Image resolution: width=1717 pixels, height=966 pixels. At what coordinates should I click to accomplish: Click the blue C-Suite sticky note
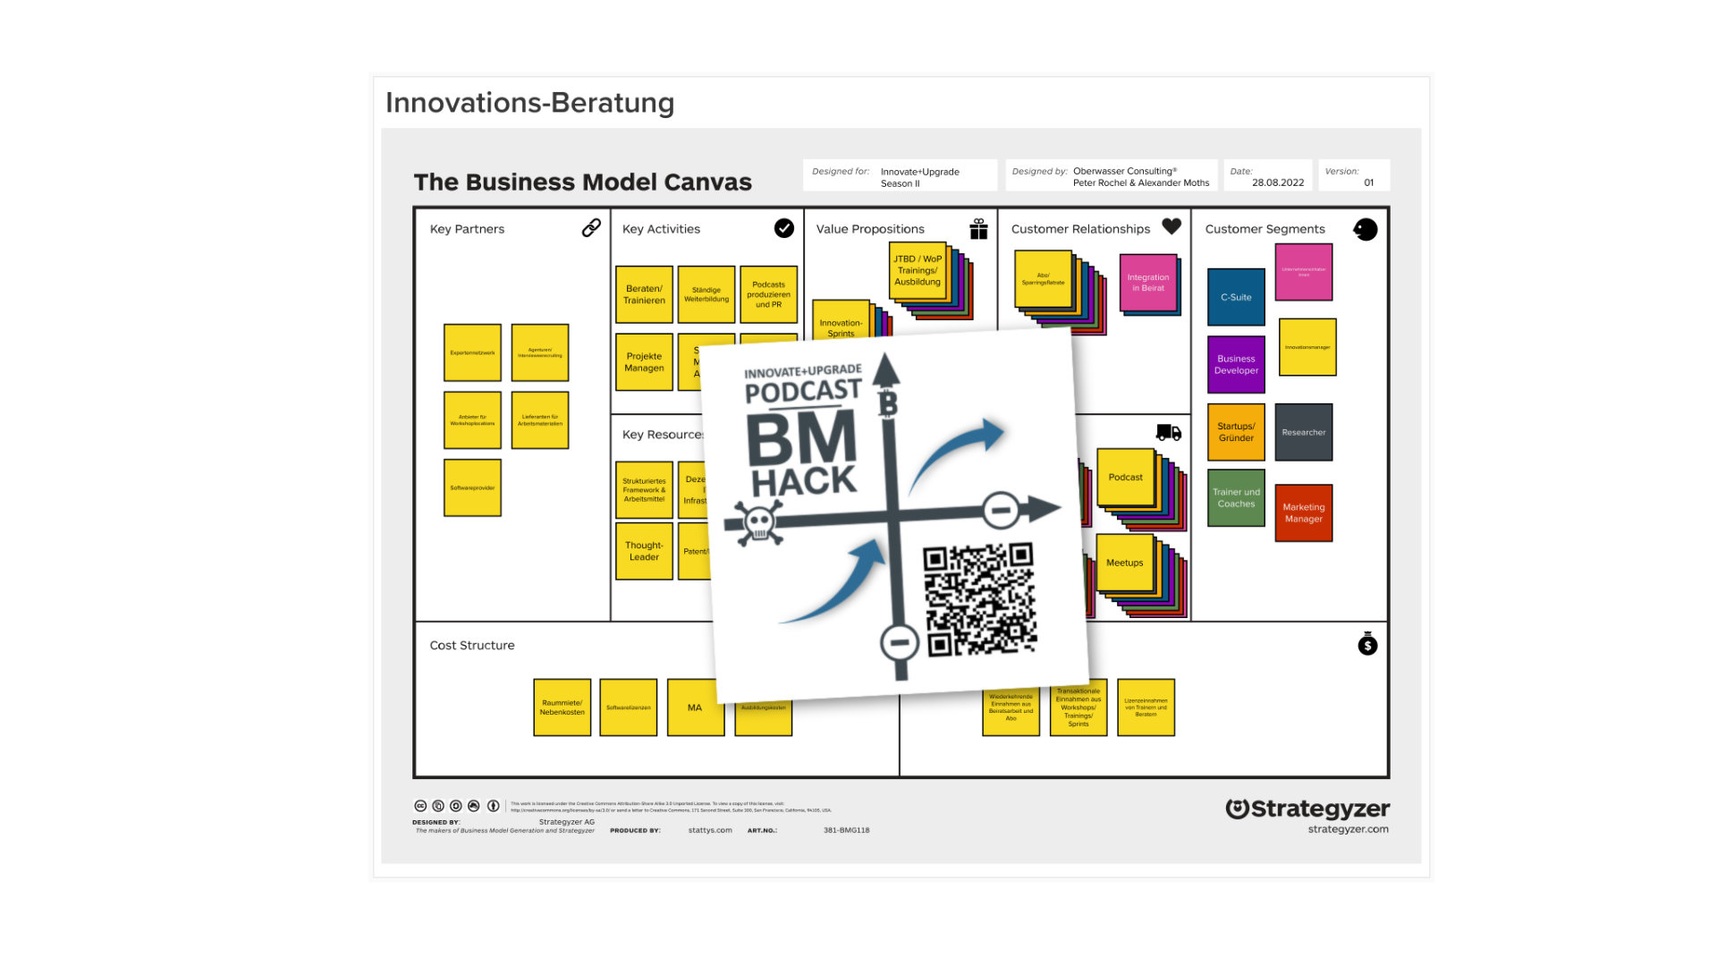click(x=1236, y=297)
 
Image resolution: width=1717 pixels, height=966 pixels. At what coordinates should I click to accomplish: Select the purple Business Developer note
click(x=1236, y=364)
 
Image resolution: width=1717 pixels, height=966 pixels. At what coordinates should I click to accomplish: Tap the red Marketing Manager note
click(x=1303, y=513)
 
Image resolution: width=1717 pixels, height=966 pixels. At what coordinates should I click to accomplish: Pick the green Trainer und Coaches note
click(x=1236, y=497)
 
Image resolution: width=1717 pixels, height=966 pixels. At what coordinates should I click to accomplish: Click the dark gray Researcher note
click(x=1303, y=432)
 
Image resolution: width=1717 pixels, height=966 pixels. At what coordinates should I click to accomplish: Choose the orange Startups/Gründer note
click(x=1236, y=432)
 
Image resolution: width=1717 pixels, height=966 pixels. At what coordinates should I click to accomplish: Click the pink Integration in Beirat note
click(x=1147, y=283)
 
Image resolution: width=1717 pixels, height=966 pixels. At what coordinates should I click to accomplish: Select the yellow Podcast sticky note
click(x=1125, y=478)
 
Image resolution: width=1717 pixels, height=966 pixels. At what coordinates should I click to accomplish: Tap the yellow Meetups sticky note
click(x=1124, y=563)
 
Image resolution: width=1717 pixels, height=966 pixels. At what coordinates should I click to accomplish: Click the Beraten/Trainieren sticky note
click(x=644, y=294)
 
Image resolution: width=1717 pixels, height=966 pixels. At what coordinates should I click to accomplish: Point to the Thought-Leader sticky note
click(x=644, y=551)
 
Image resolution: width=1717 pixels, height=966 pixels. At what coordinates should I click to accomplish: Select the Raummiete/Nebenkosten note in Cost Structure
click(x=562, y=708)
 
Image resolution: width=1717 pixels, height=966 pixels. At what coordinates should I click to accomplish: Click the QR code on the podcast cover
click(x=979, y=599)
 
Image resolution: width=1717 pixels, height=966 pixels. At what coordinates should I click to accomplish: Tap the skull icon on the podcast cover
click(x=758, y=522)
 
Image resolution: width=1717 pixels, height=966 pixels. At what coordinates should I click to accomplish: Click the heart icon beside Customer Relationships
click(x=1171, y=227)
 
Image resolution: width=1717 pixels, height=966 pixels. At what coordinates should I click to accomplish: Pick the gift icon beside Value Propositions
click(x=978, y=229)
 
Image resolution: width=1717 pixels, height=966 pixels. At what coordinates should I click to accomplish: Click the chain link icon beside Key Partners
click(x=591, y=228)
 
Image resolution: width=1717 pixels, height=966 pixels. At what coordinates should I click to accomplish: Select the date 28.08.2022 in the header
click(x=1277, y=182)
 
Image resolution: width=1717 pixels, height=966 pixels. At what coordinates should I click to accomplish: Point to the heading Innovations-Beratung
click(x=529, y=103)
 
